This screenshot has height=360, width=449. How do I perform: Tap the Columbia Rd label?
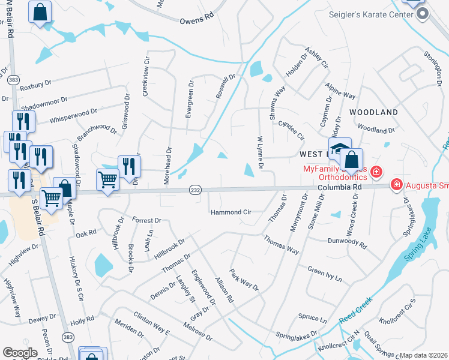[x=339, y=187]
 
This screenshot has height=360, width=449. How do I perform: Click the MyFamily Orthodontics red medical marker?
[x=376, y=172]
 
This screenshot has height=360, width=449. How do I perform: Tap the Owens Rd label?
[x=196, y=20]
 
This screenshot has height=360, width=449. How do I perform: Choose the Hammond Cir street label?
[x=231, y=212]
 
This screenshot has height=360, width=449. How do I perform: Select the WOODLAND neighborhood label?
[x=373, y=112]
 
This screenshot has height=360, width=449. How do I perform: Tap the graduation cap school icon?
[x=339, y=149]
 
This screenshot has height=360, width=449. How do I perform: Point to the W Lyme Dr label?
[x=261, y=152]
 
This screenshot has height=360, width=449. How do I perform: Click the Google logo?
[x=20, y=353]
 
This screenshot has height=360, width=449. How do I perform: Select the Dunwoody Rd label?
[x=346, y=241]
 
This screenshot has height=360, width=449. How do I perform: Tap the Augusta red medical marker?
[x=396, y=184]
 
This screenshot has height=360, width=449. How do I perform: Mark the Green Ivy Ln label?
[x=324, y=274]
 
